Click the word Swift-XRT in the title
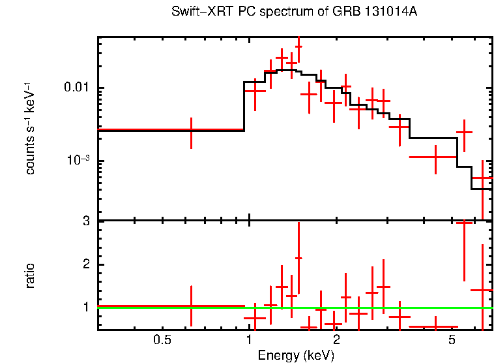198,12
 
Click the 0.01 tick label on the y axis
78,88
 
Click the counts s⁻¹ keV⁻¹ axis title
30,128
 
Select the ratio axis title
30,276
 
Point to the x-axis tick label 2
336,340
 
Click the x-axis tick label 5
452,340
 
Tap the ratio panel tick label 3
85,221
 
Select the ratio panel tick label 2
85,264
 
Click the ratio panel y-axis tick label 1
85,307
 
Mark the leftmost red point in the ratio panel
191,305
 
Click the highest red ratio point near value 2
298,258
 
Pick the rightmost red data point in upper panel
482,178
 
